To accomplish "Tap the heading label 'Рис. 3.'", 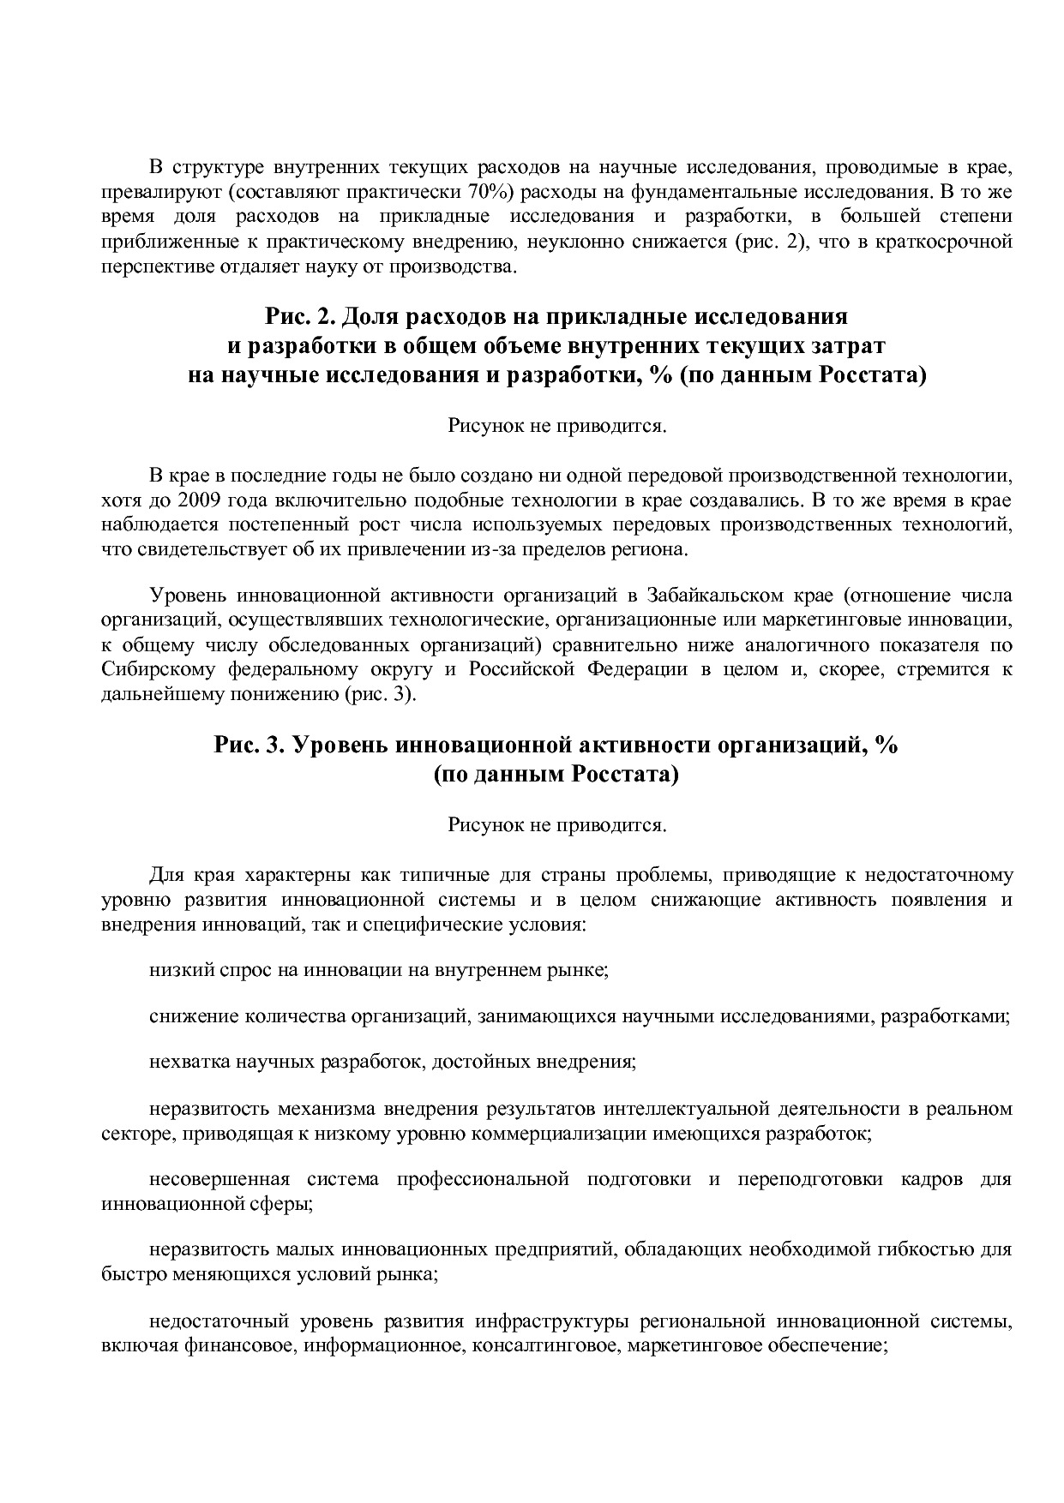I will (249, 745).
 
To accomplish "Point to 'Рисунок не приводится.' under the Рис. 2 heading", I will (556, 426).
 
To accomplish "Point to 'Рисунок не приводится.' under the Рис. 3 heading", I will (556, 824).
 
